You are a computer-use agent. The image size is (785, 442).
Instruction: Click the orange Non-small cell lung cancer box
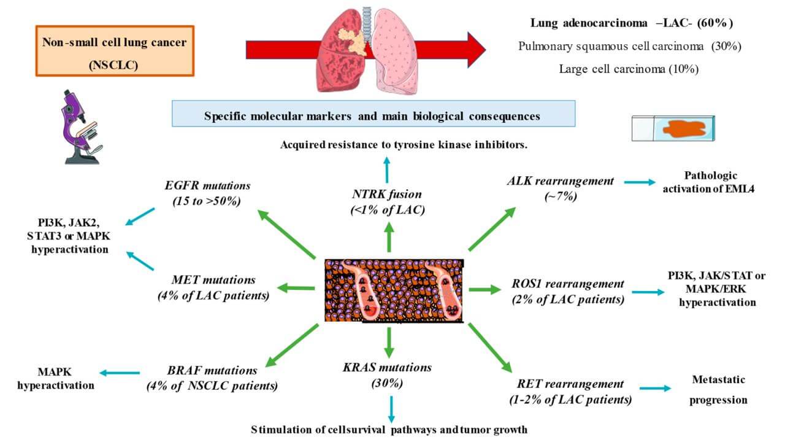115,50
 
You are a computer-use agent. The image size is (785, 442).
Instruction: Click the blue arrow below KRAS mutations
391,408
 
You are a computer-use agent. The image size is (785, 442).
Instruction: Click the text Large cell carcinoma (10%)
629,69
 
